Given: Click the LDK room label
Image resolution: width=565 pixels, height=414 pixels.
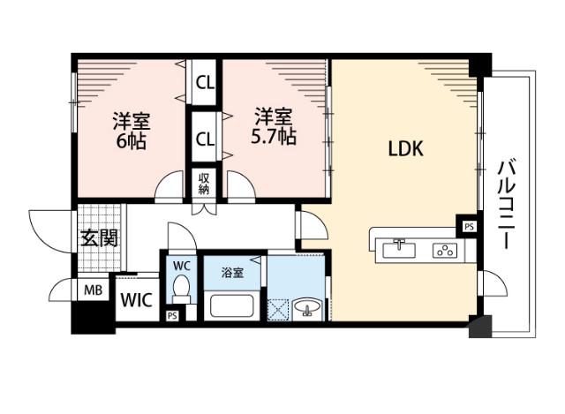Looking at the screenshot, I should [406, 149].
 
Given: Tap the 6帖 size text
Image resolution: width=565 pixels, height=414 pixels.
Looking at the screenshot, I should [128, 139].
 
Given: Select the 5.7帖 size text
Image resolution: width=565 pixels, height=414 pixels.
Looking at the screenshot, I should [275, 138].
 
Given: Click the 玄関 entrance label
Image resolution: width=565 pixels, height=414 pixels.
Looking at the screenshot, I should [98, 237].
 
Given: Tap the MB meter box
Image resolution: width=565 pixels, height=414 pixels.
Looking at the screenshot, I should [92, 290].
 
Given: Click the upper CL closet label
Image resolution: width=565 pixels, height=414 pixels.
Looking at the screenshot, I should [204, 85].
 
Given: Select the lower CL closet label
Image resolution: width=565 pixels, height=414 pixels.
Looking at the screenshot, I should [204, 139].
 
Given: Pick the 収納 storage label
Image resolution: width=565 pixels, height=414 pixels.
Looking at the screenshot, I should [204, 183].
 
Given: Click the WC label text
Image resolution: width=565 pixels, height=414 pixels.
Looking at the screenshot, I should [181, 266].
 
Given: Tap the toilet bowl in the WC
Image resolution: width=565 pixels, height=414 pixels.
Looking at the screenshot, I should [182, 289].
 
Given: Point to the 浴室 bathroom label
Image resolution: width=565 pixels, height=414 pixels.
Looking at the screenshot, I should [231, 273].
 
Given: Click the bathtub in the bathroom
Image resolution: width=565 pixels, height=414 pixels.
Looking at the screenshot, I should [232, 308].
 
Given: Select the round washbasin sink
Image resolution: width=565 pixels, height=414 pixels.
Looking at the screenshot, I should [309, 308].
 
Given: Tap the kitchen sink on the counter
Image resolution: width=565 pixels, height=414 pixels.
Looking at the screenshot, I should [400, 248].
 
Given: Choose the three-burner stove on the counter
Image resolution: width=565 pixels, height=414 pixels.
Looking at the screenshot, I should [443, 250].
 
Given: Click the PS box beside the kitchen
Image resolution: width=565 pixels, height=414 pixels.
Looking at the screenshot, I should [468, 226].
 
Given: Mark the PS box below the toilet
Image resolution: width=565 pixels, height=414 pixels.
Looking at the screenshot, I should [171, 315].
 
